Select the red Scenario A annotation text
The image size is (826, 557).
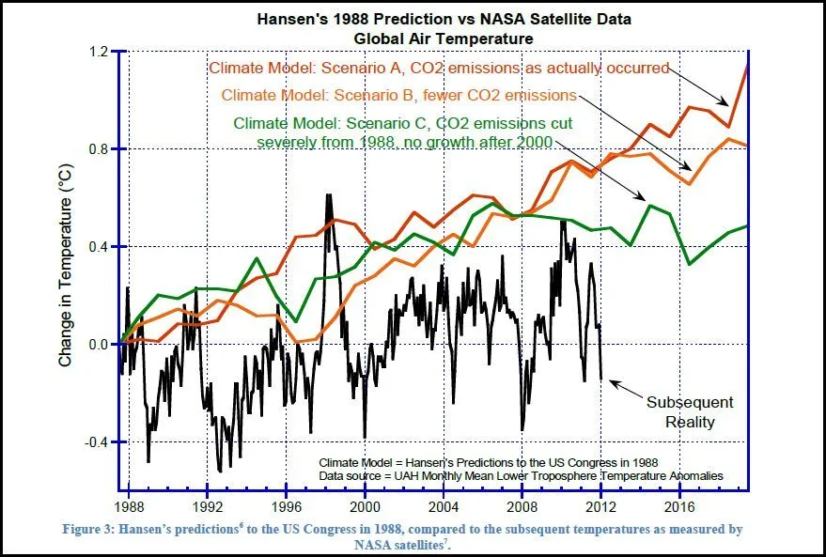439,68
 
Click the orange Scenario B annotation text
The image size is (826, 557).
398,95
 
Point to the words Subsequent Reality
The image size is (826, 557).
690,411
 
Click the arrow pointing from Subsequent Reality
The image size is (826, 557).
624,389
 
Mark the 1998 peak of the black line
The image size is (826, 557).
329,195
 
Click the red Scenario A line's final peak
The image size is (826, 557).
746,62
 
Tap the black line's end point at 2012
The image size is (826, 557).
601,379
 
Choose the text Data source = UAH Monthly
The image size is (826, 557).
522,476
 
